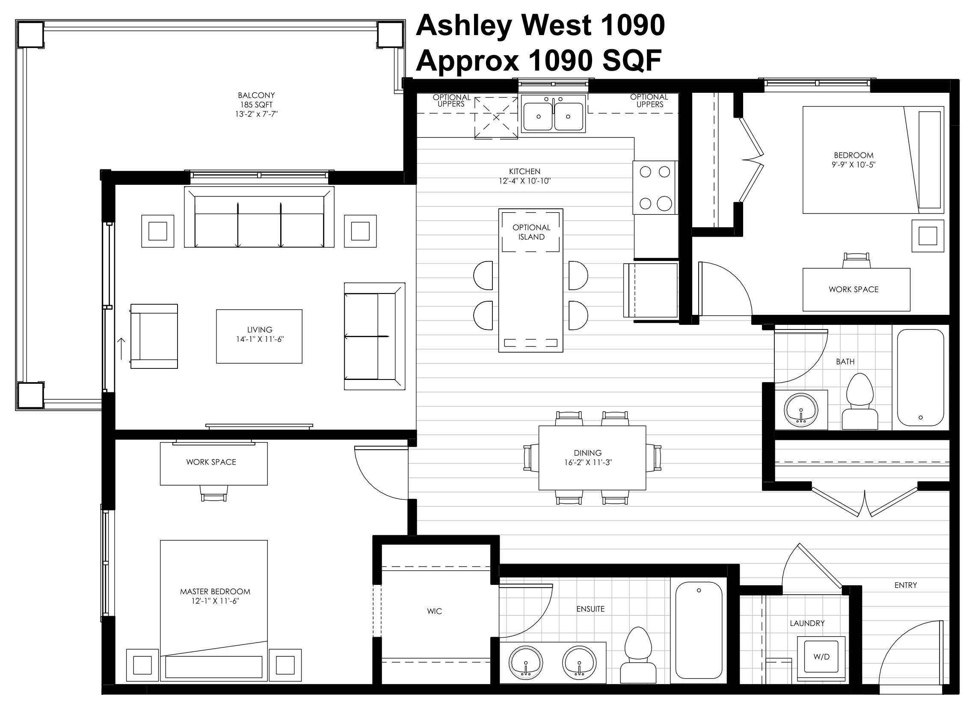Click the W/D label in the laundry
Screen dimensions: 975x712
coord(821,657)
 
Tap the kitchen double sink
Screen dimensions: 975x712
coord(553,114)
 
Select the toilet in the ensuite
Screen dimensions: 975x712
coord(637,655)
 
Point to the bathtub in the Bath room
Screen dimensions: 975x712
coord(920,377)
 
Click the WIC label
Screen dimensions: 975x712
coord(434,611)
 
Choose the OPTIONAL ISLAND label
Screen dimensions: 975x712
coord(531,232)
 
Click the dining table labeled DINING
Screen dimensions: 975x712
coord(592,458)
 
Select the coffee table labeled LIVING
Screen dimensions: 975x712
coord(259,336)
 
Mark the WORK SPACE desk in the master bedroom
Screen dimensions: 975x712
coord(214,463)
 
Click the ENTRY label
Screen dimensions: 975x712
coord(905,585)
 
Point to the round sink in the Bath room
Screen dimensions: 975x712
coord(800,410)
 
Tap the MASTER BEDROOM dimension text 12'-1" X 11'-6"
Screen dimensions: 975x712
coord(215,601)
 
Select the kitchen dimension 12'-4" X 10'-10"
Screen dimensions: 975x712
coord(525,181)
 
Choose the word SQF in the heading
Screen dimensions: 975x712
coord(632,61)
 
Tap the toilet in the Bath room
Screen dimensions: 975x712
coord(860,401)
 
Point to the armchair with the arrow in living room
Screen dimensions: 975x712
coord(154,336)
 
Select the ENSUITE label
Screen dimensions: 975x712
coord(590,609)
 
